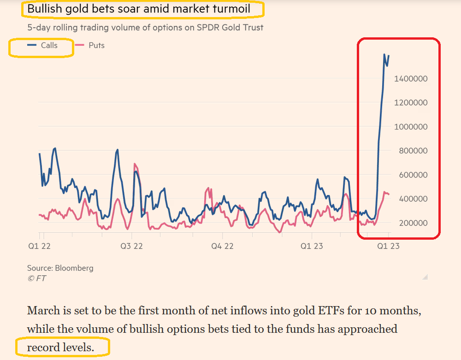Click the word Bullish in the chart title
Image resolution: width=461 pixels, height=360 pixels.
pyautogui.click(x=44, y=9)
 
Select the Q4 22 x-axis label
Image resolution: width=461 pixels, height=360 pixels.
pyautogui.click(x=222, y=246)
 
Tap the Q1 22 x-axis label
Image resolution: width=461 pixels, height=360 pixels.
pyautogui.click(x=39, y=246)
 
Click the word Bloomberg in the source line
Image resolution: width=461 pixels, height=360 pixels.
pyautogui.click(x=74, y=268)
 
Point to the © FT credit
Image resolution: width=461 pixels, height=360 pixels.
pyautogui.click(x=36, y=278)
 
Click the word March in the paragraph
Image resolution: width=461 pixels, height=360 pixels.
pyautogui.click(x=43, y=311)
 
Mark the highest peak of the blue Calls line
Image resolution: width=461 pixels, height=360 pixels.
pyautogui.click(x=384, y=54)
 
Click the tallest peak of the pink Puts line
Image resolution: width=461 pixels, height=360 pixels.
pyautogui.click(x=135, y=164)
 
